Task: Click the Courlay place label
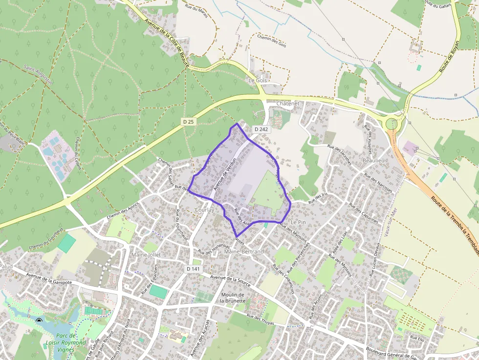click(x=204, y=210)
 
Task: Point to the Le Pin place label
click(x=298, y=222)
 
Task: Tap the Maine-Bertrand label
click(x=243, y=252)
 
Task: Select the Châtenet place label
click(x=287, y=104)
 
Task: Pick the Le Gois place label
click(x=258, y=80)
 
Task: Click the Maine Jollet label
click(x=146, y=255)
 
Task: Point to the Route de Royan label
click(x=449, y=56)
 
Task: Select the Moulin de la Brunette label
click(x=233, y=298)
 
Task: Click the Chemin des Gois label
click(x=271, y=41)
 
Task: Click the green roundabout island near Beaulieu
click(x=392, y=124)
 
